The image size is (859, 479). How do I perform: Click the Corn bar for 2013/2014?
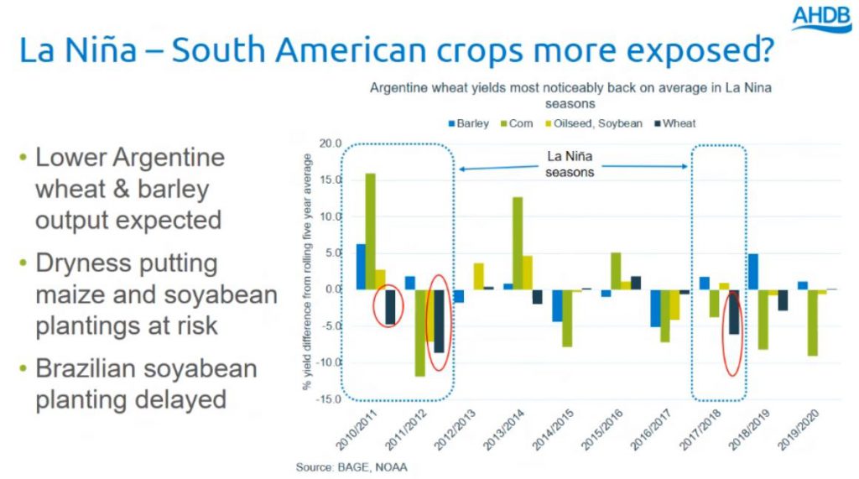pos(518,243)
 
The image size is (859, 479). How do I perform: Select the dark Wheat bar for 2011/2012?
pos(439,321)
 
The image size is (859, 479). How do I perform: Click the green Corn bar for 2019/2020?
pos(812,323)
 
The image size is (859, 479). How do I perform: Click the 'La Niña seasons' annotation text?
pos(570,164)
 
